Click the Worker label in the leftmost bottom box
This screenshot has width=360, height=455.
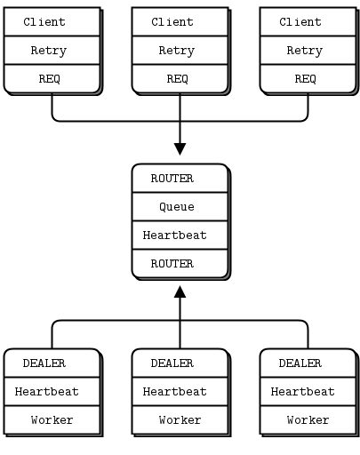pos(52,420)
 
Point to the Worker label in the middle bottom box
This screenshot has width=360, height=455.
pos(180,420)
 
